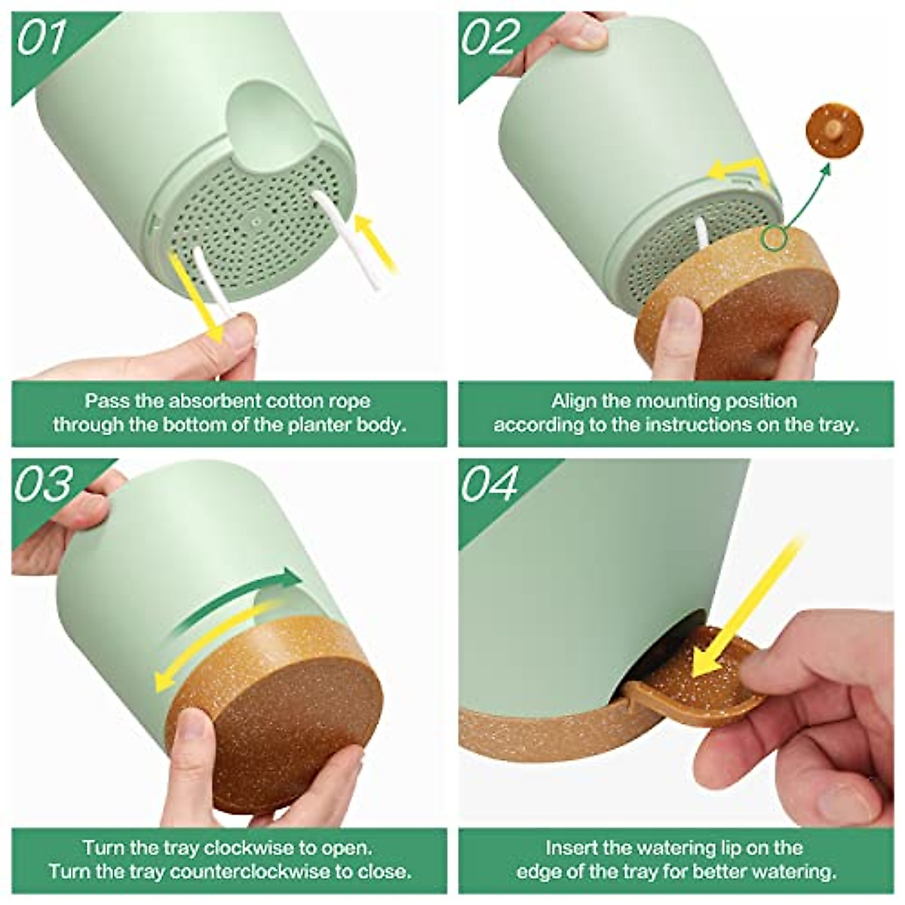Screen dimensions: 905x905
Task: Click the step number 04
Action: tap(491, 484)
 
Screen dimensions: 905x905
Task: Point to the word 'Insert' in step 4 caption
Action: tap(575, 848)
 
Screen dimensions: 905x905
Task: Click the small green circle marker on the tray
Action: tap(773, 239)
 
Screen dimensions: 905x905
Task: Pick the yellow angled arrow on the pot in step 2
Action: tap(739, 170)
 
